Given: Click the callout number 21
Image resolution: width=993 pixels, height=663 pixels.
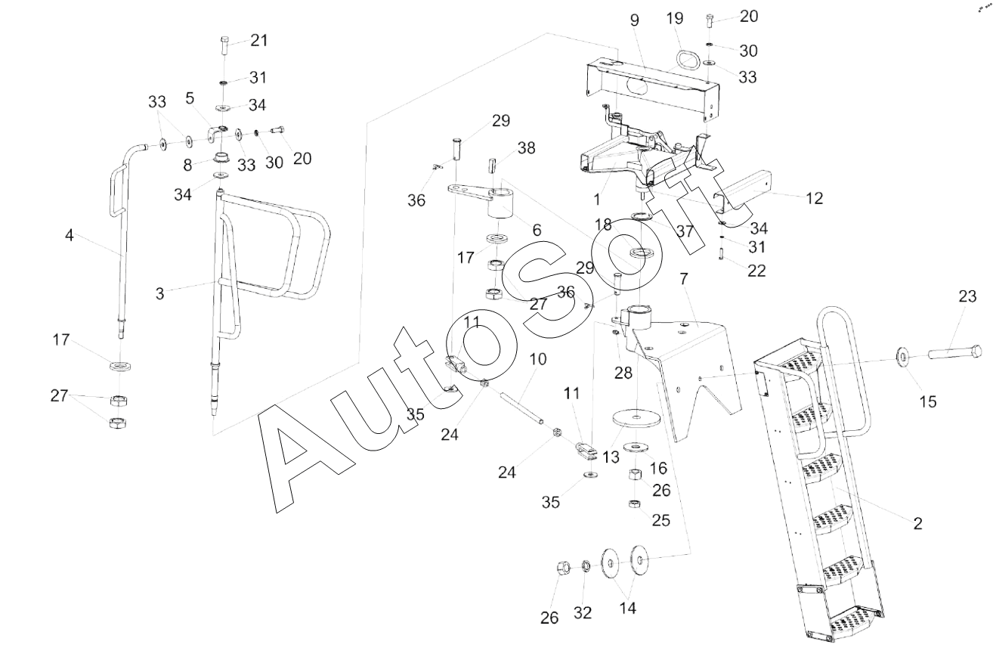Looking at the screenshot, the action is tap(259, 40).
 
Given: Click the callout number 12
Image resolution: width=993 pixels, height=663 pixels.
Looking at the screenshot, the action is tap(814, 198).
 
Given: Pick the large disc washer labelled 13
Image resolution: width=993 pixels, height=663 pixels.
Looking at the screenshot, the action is tap(636, 419).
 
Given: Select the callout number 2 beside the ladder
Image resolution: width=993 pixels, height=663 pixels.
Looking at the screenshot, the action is tap(917, 523).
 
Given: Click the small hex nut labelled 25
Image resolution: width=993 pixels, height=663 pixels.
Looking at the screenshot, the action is tap(635, 503).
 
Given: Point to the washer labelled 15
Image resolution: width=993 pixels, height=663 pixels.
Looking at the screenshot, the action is tap(902, 355).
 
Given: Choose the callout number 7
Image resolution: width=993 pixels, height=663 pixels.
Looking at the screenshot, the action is tap(684, 279).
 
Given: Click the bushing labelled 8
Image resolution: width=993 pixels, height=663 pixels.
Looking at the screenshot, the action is tap(221, 157).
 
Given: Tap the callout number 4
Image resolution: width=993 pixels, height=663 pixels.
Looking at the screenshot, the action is tap(70, 235).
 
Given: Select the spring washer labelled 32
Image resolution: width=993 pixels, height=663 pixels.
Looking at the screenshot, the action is tap(586, 566).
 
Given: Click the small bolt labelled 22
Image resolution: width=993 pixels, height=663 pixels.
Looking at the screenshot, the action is tap(721, 254).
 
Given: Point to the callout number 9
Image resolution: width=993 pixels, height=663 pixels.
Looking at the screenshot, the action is tap(634, 20).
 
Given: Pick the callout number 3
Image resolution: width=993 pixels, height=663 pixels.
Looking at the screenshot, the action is tap(159, 293).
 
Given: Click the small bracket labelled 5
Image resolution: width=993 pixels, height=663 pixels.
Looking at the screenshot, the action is tap(216, 135).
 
